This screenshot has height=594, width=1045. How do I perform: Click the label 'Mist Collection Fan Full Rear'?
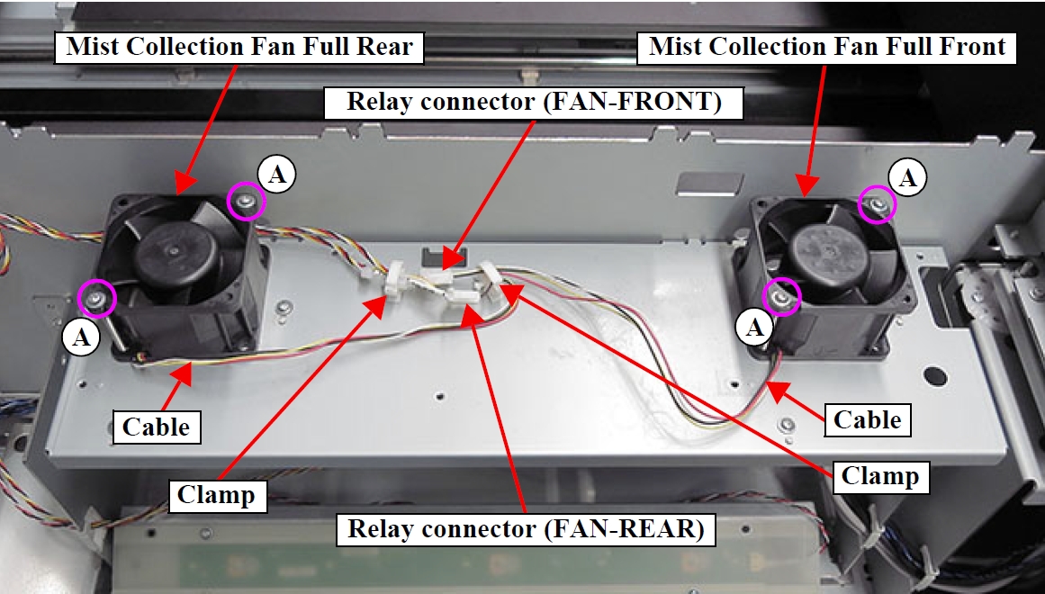tap(239, 47)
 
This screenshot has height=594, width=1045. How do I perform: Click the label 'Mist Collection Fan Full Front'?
tap(827, 47)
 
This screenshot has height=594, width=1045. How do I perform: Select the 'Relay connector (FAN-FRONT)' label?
tap(535, 103)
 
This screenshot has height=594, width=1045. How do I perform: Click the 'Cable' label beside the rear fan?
tap(157, 427)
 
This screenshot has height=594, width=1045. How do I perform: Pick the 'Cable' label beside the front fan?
tap(867, 419)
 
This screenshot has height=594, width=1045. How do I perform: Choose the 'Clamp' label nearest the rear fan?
tap(216, 494)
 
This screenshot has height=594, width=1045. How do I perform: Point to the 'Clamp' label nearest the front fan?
tap(879, 476)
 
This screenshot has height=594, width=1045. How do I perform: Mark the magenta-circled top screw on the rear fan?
tap(247, 202)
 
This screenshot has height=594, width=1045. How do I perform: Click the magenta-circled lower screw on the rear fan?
tap(96, 297)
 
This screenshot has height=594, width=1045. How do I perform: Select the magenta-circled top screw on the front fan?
tap(876, 206)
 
